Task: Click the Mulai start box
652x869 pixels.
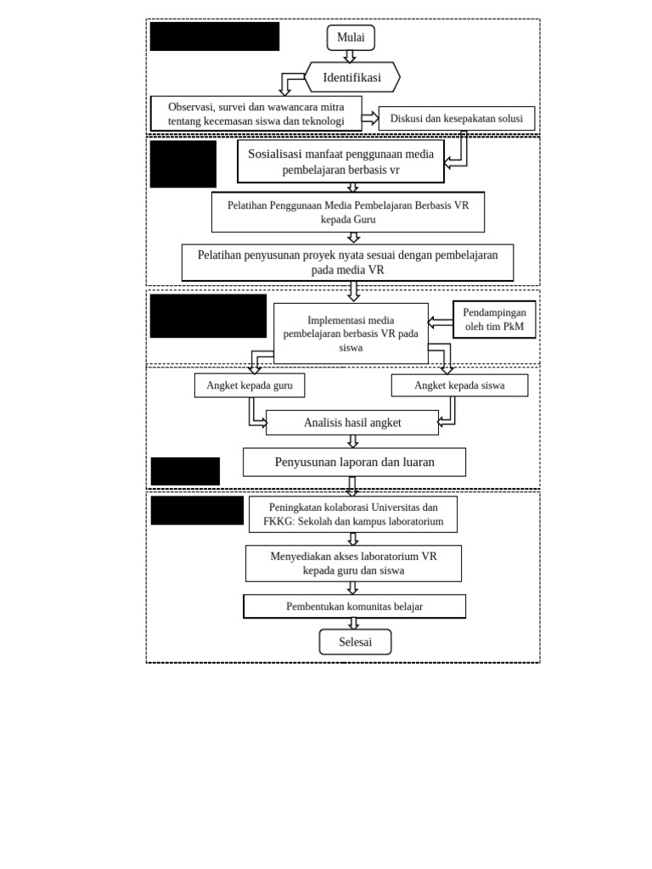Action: point(351,37)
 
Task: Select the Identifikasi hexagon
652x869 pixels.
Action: point(351,77)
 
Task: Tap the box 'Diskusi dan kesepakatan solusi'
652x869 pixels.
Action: point(456,119)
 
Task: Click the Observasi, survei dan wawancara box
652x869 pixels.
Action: point(256,114)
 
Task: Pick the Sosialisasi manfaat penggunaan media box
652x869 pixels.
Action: point(340,161)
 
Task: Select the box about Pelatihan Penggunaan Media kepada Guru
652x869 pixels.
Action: point(347,212)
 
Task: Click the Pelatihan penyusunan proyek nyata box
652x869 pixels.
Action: point(347,262)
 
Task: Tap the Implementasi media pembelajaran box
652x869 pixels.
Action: point(351,334)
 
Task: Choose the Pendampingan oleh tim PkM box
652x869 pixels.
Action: point(494,319)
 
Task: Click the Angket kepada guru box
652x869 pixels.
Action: point(250,385)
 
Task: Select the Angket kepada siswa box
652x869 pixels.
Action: point(459,385)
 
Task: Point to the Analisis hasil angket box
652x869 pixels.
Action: point(352,423)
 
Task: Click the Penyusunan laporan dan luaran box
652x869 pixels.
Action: point(354,463)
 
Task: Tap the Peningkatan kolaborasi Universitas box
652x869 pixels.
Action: point(353,514)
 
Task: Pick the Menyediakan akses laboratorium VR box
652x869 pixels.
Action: point(353,563)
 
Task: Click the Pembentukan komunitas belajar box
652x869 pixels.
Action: point(354,606)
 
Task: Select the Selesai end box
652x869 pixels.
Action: point(355,642)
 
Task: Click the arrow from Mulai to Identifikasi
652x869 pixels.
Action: point(350,56)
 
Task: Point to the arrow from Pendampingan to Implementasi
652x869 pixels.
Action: point(440,322)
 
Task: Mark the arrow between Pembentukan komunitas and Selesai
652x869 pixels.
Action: point(353,623)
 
